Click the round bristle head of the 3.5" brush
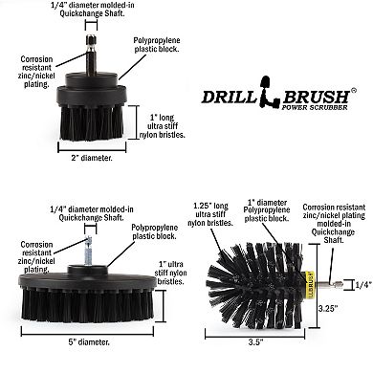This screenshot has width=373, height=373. coord(253,282)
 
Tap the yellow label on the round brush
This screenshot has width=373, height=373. coord(314,282)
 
